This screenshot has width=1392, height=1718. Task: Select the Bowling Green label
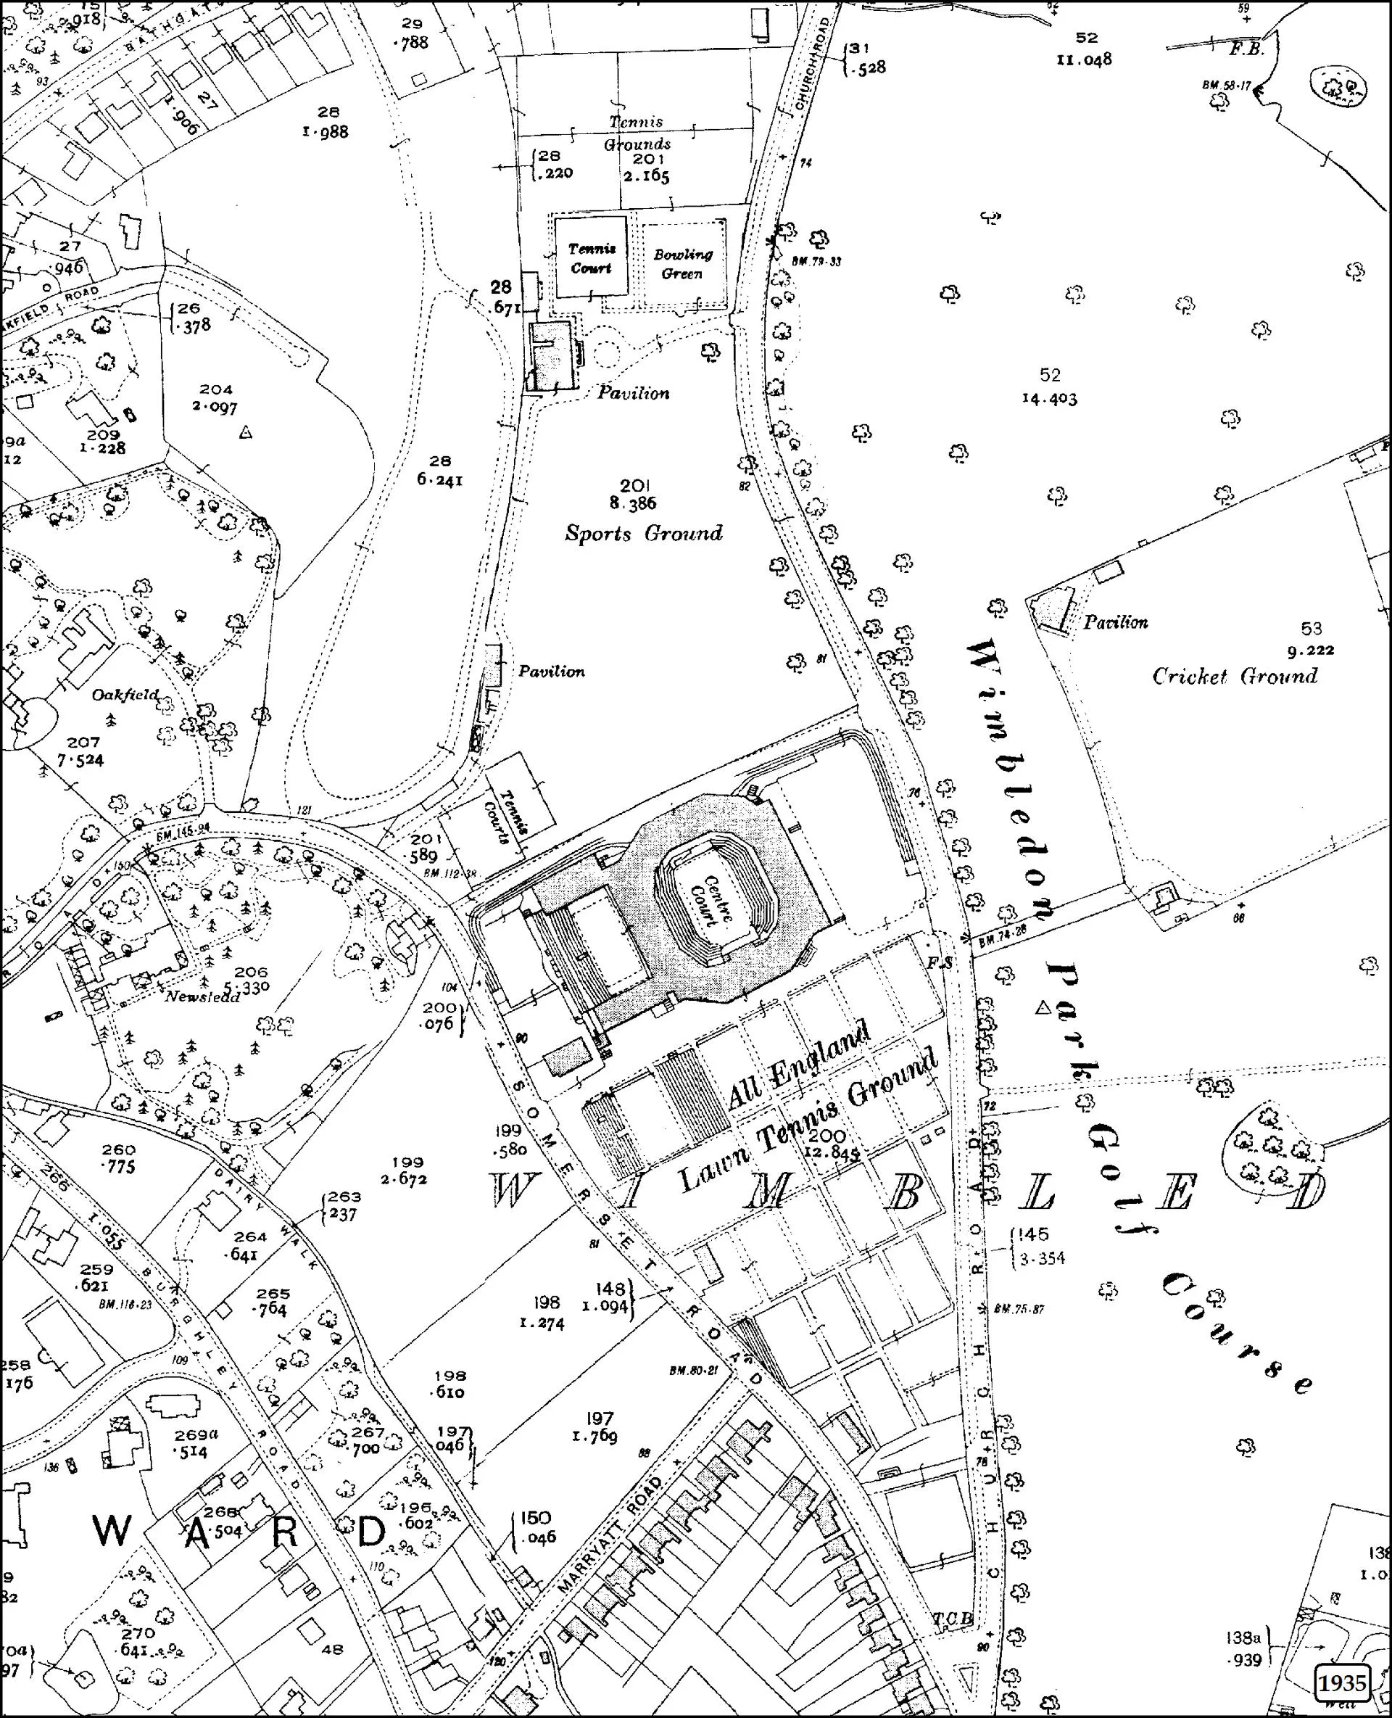pos(682,264)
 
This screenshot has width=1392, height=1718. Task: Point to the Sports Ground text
pos(643,533)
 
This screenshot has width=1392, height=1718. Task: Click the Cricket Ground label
pos(1235,676)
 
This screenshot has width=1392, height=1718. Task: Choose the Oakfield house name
pos(125,695)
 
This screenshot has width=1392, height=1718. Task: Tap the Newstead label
pos(202,997)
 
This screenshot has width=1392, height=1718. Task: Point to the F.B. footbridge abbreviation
pos(1246,48)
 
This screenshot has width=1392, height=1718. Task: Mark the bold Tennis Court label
pos(592,258)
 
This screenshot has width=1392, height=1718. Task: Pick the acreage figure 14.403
pos(1049,399)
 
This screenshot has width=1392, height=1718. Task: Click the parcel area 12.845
pos(833,1154)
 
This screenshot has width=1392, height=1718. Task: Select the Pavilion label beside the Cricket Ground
pos(1115,621)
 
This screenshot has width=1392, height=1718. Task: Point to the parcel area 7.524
pos(84,759)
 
